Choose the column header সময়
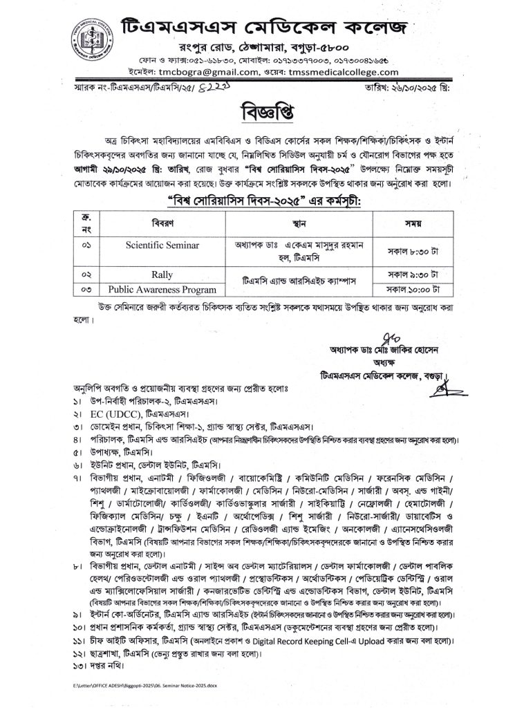click(414, 223)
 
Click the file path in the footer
click(146, 684)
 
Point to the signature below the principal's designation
click(440, 388)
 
